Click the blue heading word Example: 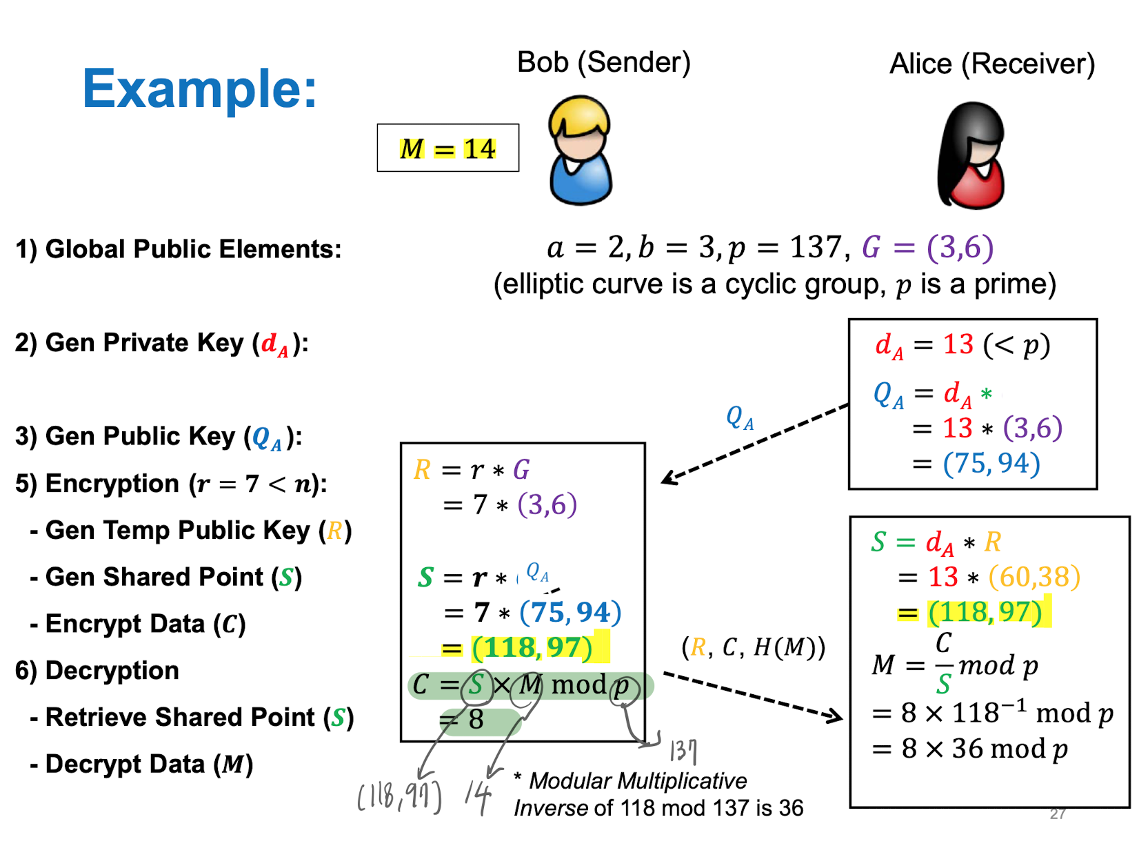(199, 89)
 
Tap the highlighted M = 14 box (447, 148)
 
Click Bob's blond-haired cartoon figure (580, 150)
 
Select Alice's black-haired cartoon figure (971, 156)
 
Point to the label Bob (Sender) (603, 62)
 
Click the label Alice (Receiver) (991, 64)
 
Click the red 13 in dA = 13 (958, 344)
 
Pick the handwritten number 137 (683, 750)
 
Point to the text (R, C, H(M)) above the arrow (753, 647)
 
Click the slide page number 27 (1058, 814)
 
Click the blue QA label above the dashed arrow (740, 417)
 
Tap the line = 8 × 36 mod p (970, 749)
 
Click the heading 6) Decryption (97, 671)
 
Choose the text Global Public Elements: (193, 249)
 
